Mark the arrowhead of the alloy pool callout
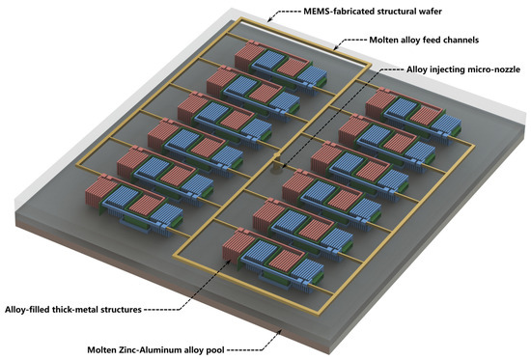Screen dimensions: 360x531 coord(279,325)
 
